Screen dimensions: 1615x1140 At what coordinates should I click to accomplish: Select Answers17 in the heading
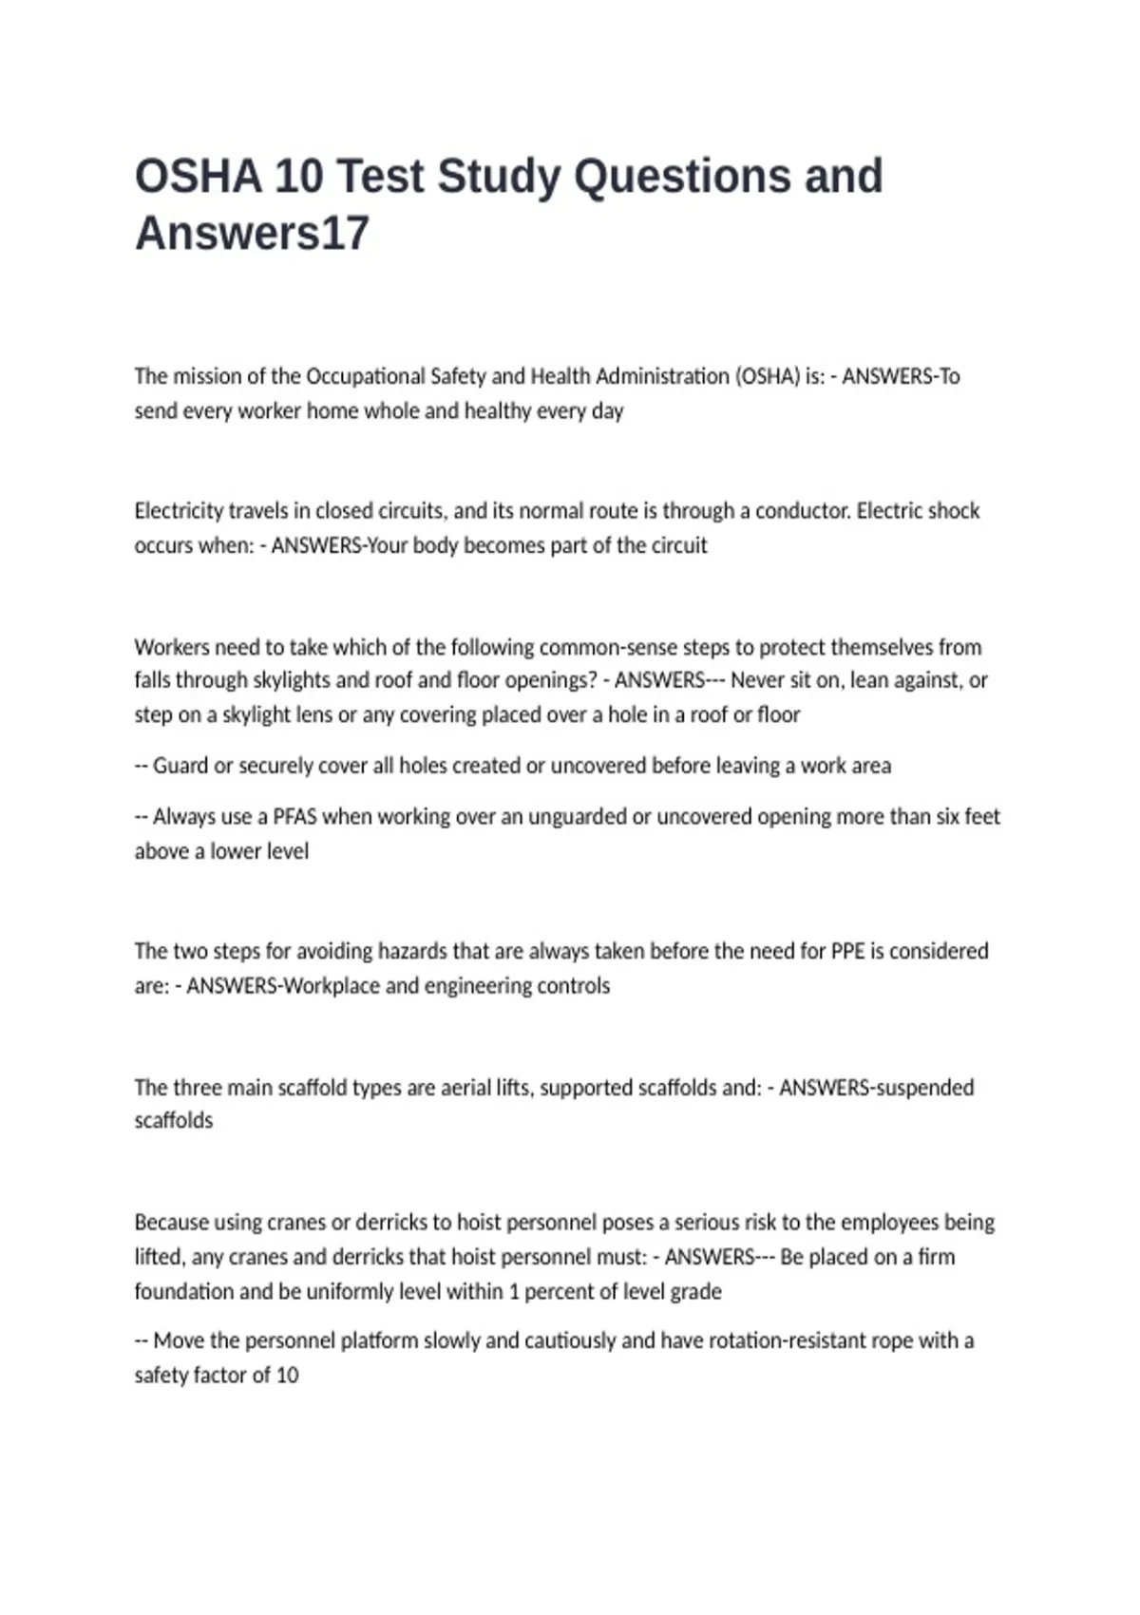(252, 234)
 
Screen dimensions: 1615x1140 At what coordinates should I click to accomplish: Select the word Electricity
(179, 511)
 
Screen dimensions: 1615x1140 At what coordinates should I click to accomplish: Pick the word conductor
(801, 511)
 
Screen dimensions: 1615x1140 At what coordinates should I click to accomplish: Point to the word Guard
(180, 766)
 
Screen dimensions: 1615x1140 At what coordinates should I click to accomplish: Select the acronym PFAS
(295, 817)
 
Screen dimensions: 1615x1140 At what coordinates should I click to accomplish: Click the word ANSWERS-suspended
(876, 1088)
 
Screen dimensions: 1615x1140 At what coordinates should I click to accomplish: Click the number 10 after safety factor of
(287, 1376)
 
